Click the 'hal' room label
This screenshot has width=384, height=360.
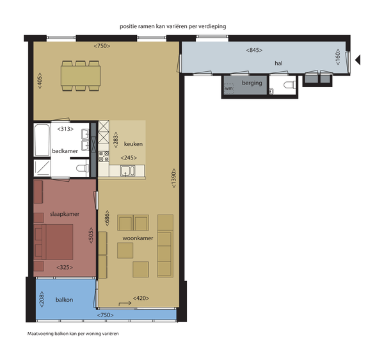[278, 63]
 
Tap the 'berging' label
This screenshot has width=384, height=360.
[252, 83]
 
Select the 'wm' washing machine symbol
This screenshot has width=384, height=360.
[228, 88]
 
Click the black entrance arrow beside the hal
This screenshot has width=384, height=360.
[358, 60]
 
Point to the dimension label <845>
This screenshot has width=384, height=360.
[254, 50]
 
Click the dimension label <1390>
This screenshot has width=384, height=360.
[173, 178]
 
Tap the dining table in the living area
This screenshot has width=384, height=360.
[81, 76]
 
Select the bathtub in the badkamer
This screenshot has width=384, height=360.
[42, 140]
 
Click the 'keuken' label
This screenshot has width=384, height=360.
[133, 144]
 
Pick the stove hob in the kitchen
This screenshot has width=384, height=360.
[104, 156]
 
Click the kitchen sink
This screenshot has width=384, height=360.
[127, 170]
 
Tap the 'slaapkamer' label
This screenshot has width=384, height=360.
[65, 214]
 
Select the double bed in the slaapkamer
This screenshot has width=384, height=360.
[53, 242]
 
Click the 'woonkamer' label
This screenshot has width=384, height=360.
[138, 238]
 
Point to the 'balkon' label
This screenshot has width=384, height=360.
[64, 300]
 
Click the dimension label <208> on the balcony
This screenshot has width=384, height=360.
[42, 299]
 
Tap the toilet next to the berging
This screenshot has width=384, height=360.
[289, 85]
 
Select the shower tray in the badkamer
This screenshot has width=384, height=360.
[42, 168]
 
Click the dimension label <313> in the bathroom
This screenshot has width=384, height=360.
[65, 129]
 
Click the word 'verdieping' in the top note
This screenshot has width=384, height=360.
[212, 26]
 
